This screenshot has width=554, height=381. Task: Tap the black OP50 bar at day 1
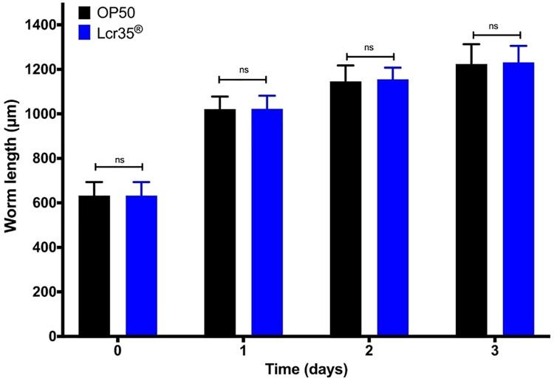(219, 222)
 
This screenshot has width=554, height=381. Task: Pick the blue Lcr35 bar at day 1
(267, 222)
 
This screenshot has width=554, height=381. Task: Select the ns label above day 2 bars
(369, 48)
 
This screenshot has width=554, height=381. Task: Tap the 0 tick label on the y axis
(50, 337)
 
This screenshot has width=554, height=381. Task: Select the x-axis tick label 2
(369, 351)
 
